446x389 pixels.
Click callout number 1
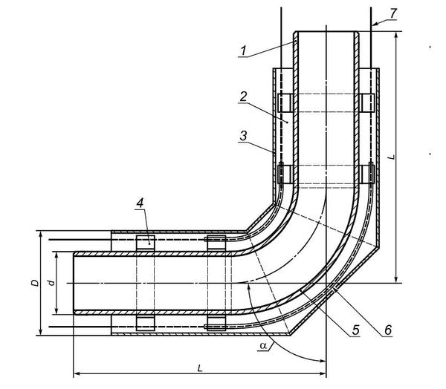(x=243, y=51)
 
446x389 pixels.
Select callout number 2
(x=243, y=97)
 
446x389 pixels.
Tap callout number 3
(x=244, y=136)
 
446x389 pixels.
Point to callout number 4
(x=140, y=203)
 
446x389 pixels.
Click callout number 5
(x=355, y=330)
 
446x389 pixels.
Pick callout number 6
(x=388, y=330)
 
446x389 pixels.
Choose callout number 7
(x=393, y=13)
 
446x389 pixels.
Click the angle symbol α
(x=263, y=345)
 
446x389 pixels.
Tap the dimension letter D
(x=35, y=283)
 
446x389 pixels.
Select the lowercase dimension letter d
(x=51, y=283)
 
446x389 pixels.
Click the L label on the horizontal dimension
(x=200, y=368)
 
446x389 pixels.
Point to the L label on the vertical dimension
(x=392, y=157)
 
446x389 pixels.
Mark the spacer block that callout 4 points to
(x=146, y=243)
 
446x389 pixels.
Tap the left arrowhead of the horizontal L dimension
(x=77, y=373)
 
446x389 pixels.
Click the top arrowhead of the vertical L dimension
(x=396, y=35)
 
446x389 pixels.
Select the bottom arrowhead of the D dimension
(x=41, y=332)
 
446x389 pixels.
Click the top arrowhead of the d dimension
(x=56, y=255)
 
